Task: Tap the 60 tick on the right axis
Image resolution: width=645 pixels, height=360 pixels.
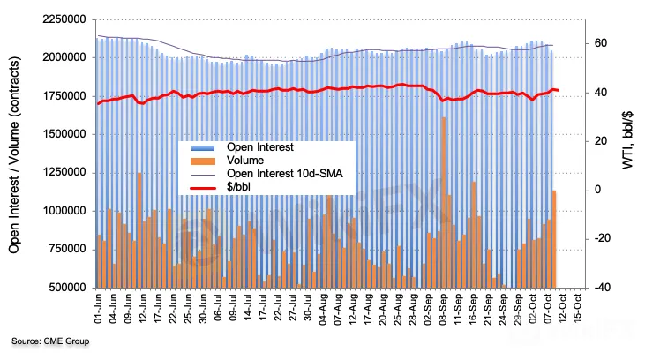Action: point(599,42)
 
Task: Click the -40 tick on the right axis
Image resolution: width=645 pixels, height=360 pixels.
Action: point(599,288)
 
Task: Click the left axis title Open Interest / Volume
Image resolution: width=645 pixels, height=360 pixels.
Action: point(15,152)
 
